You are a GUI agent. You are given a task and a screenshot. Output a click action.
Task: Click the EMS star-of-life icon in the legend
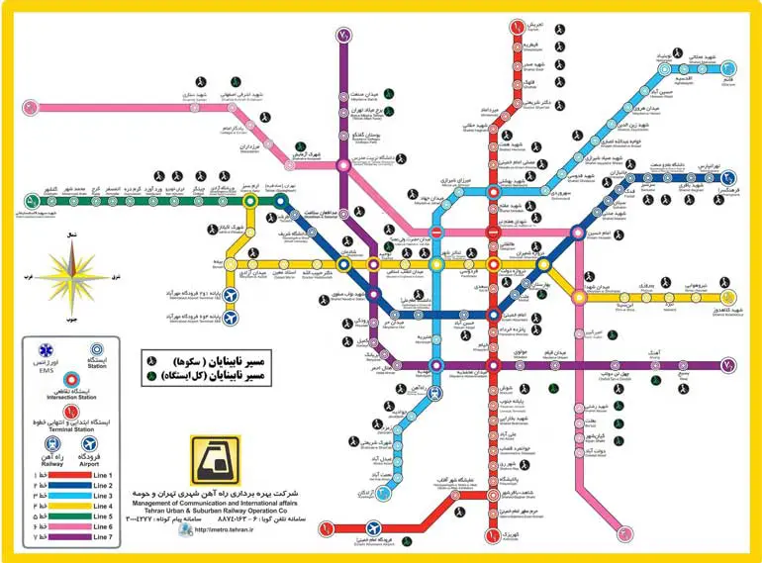(44, 351)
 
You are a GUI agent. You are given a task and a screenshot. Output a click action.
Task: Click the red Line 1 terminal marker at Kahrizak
(492, 538)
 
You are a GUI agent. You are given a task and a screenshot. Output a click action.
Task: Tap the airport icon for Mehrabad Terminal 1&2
(232, 295)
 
